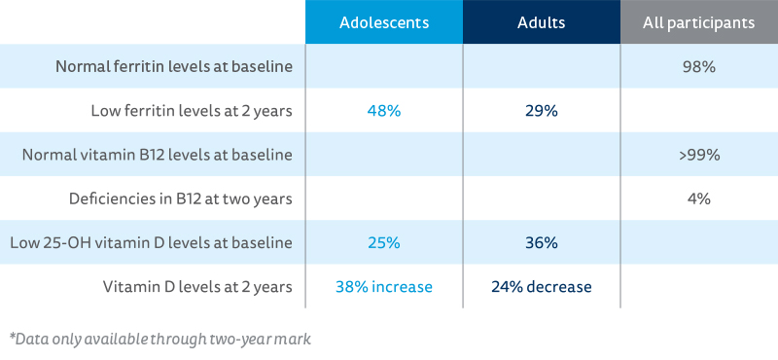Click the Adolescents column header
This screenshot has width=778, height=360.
[383, 22]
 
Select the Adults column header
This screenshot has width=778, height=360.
[541, 22]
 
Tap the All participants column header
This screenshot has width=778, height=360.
[698, 22]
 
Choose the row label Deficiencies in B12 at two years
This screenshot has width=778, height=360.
[182, 198]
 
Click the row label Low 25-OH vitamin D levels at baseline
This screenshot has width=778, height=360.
[159, 242]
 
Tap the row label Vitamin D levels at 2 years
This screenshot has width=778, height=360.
[198, 286]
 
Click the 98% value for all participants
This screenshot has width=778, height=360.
[698, 67]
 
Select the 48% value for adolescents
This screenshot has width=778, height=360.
[383, 111]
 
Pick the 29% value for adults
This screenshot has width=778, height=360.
[541, 111]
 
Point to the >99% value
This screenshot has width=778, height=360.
[698, 155]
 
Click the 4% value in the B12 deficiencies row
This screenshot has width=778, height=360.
[698, 198]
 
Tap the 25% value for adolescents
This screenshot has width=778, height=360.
[383, 242]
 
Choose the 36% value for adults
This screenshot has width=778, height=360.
[541, 242]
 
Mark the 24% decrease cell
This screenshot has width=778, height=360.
[541, 286]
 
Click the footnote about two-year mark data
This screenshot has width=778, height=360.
[160, 340]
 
